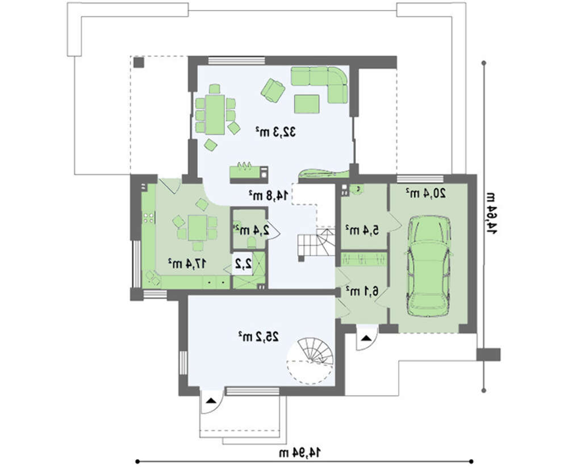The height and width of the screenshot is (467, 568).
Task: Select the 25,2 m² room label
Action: (258, 336)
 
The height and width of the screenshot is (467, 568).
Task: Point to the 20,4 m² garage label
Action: (425, 194)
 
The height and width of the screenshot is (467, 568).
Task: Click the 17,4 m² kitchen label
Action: (187, 264)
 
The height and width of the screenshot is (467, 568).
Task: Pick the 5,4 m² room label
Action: (362, 230)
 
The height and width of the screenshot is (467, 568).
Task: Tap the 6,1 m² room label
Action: (362, 290)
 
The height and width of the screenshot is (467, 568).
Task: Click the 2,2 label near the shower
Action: (244, 264)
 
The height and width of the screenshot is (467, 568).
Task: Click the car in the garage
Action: (429, 266)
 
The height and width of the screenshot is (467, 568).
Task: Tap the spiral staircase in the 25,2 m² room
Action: (310, 361)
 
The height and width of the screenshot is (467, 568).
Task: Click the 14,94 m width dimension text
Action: (300, 452)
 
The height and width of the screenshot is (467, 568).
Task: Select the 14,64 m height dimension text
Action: (491, 213)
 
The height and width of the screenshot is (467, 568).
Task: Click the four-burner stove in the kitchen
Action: (149, 218)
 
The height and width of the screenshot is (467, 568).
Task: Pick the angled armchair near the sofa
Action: (273, 90)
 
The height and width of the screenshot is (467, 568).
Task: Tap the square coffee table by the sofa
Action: (307, 104)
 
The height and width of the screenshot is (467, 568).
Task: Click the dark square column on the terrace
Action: (139, 62)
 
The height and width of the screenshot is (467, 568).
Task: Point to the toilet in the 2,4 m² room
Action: (252, 243)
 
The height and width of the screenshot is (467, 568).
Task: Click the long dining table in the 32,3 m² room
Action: (215, 115)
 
